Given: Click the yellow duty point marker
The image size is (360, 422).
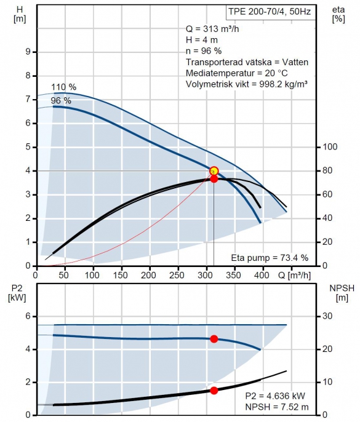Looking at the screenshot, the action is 214,171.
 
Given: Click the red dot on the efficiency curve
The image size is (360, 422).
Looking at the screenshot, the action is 214,179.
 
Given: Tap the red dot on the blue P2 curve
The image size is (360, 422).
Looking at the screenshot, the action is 214,339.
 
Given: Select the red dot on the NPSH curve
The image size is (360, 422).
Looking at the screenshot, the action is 214,391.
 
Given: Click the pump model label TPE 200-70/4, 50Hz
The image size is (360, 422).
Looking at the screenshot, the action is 270,12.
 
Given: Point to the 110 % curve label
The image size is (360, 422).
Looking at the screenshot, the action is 64,87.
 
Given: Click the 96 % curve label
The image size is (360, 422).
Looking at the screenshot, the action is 61,101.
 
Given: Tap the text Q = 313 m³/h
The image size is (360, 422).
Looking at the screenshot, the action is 212,29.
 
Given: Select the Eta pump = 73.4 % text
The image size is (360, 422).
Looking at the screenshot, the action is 270,258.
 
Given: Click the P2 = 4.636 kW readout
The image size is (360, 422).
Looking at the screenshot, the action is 275,396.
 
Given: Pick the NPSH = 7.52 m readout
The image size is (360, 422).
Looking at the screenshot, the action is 277,407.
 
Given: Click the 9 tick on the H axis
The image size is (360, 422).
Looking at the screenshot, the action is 28,52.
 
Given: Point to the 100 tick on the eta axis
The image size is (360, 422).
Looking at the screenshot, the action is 330,147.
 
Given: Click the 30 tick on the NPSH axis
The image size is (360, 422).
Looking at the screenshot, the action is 327,316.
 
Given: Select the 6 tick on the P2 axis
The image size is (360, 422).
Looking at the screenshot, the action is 28,316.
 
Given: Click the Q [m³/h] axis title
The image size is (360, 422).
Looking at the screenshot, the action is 294,276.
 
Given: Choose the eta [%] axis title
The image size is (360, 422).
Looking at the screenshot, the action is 338,14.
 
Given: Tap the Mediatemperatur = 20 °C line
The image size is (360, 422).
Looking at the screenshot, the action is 237,73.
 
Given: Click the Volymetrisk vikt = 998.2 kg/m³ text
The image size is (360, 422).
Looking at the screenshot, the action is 247,84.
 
